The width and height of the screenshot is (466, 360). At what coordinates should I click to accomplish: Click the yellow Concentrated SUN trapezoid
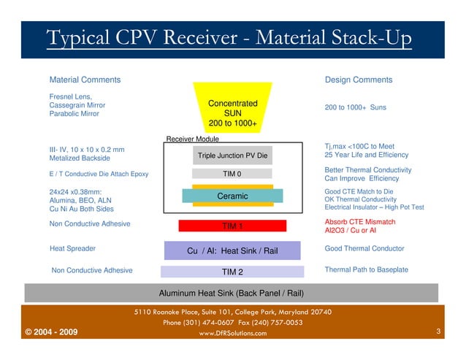pyautogui.click(x=232, y=109)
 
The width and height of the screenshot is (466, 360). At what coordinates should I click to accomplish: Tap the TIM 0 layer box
pyautogui.click(x=232, y=174)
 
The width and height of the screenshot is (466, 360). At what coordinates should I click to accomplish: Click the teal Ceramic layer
pyautogui.click(x=232, y=196)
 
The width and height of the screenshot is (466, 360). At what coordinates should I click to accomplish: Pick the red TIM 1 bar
pyautogui.click(x=232, y=226)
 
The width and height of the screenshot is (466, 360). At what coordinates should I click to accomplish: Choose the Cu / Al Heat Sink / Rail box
pyautogui.click(x=232, y=250)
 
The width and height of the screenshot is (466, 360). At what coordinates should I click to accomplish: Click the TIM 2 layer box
pyautogui.click(x=232, y=272)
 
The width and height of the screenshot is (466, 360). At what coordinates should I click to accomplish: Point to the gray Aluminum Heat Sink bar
pyautogui.click(x=232, y=293)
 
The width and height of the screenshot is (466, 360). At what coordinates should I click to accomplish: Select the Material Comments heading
pyautogui.click(x=84, y=80)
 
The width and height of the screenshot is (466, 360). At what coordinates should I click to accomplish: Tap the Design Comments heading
pyautogui.click(x=358, y=80)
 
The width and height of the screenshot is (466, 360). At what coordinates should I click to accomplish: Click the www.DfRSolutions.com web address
pyautogui.click(x=232, y=334)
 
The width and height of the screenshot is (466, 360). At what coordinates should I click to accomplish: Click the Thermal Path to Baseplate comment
pyautogui.click(x=366, y=270)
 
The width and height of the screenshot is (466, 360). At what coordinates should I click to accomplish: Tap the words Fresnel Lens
pyautogui.click(x=70, y=96)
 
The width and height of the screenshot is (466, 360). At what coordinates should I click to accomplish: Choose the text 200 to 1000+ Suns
pyautogui.click(x=355, y=108)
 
